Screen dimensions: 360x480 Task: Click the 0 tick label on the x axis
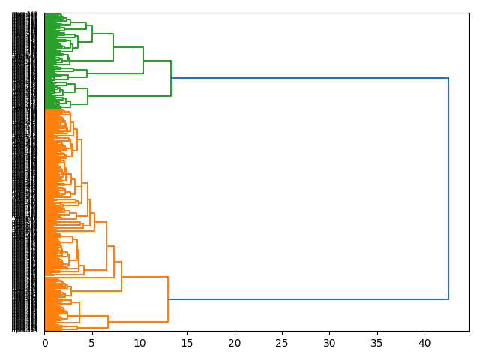tap(44, 343)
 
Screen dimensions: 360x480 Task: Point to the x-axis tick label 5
tap(92, 343)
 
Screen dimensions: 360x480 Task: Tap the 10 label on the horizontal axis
tap(139, 343)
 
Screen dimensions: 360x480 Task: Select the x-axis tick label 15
tap(187, 343)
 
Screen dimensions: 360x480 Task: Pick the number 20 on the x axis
tap(235, 343)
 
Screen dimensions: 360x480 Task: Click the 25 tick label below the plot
tap(282, 343)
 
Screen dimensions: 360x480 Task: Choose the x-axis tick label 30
tap(330, 343)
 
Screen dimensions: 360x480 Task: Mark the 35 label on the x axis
tap(377, 343)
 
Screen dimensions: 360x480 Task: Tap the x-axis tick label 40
tap(425, 343)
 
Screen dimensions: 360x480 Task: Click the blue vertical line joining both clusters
tap(448, 187)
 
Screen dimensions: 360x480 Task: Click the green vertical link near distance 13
tap(171, 78)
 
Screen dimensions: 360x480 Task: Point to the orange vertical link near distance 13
tap(168, 300)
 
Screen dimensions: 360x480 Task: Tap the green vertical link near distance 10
tap(143, 60)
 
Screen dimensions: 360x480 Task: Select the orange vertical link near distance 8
tap(121, 276)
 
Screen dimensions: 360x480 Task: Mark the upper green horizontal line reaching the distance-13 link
tap(157, 61)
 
